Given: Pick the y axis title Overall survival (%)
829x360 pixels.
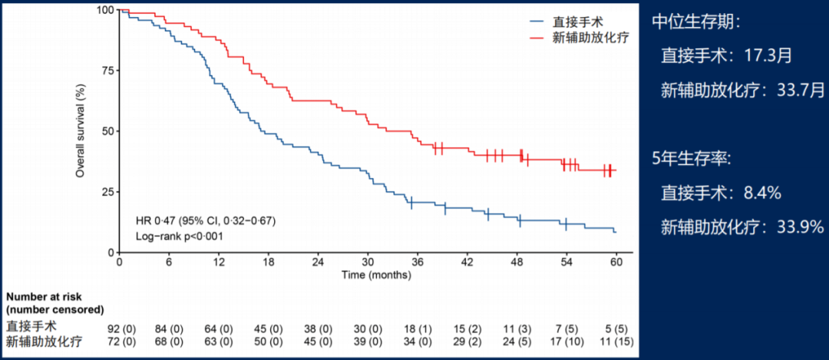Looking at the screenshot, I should click(x=80, y=131).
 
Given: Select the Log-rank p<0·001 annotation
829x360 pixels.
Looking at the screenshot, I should click(x=179, y=236).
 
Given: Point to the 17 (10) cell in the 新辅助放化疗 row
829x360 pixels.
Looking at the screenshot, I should click(x=573, y=342).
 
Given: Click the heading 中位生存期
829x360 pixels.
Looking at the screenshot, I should click(x=695, y=22).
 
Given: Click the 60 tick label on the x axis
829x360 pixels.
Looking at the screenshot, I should click(x=615, y=263).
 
